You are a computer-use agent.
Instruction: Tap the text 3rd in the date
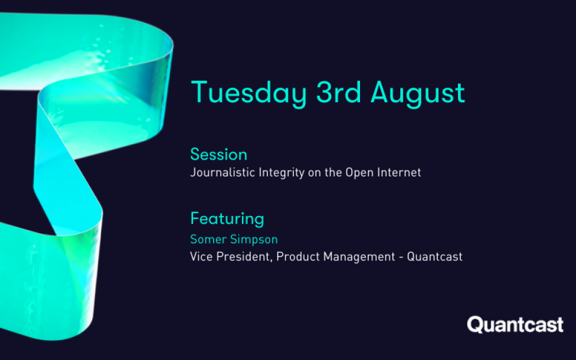(x=338, y=92)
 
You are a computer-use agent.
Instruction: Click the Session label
(x=218, y=154)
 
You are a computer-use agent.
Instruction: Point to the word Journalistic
(x=222, y=173)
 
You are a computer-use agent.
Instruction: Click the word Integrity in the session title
(x=282, y=173)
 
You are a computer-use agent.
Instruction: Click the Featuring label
(x=227, y=219)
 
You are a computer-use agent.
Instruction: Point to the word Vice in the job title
(x=201, y=256)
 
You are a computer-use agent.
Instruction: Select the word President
(x=244, y=257)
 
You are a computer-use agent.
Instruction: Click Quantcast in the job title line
(x=434, y=256)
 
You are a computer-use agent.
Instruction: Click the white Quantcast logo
(x=515, y=325)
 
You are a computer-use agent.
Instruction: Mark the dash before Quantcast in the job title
(x=401, y=257)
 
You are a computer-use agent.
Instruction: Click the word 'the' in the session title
(x=334, y=172)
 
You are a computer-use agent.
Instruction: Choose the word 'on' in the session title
(x=314, y=173)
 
